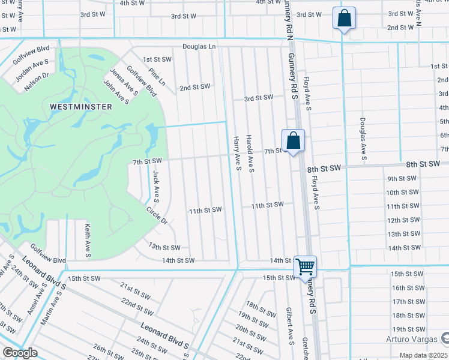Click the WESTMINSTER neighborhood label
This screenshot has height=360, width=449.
[80, 106]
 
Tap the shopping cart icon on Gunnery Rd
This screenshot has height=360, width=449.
[306, 266]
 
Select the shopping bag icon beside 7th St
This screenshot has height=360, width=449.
[293, 142]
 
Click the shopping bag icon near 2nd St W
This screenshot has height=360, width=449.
[345, 19]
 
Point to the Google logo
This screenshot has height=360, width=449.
[20, 353]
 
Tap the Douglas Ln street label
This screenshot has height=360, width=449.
[199, 46]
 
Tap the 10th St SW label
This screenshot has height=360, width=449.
[402, 193]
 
